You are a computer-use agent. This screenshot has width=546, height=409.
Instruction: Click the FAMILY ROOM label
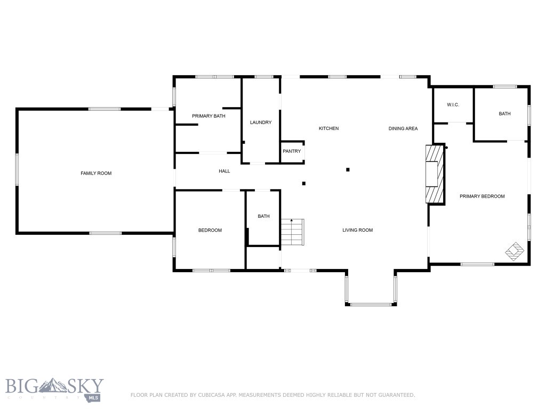96,173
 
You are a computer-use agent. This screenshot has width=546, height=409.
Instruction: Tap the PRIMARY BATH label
209,116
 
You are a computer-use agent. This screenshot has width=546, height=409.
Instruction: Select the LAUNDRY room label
261,122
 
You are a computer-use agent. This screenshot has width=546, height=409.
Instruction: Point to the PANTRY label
292,151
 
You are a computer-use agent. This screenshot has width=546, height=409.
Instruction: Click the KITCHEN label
328,128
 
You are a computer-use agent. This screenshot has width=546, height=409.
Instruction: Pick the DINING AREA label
403,128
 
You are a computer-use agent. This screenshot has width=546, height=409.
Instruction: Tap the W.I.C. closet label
453,105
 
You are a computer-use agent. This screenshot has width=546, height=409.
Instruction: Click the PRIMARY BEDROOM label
482,197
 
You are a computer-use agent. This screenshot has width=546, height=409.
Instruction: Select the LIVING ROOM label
357,230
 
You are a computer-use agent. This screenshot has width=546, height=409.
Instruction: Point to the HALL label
224,171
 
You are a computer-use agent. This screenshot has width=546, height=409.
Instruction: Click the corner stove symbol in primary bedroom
515,251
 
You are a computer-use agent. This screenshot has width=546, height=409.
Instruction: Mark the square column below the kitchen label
348,170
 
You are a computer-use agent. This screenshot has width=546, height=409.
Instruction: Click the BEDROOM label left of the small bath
210,230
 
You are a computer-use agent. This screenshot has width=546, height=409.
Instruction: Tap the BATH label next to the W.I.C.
504,113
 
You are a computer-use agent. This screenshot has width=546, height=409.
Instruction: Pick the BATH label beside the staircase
263,216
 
